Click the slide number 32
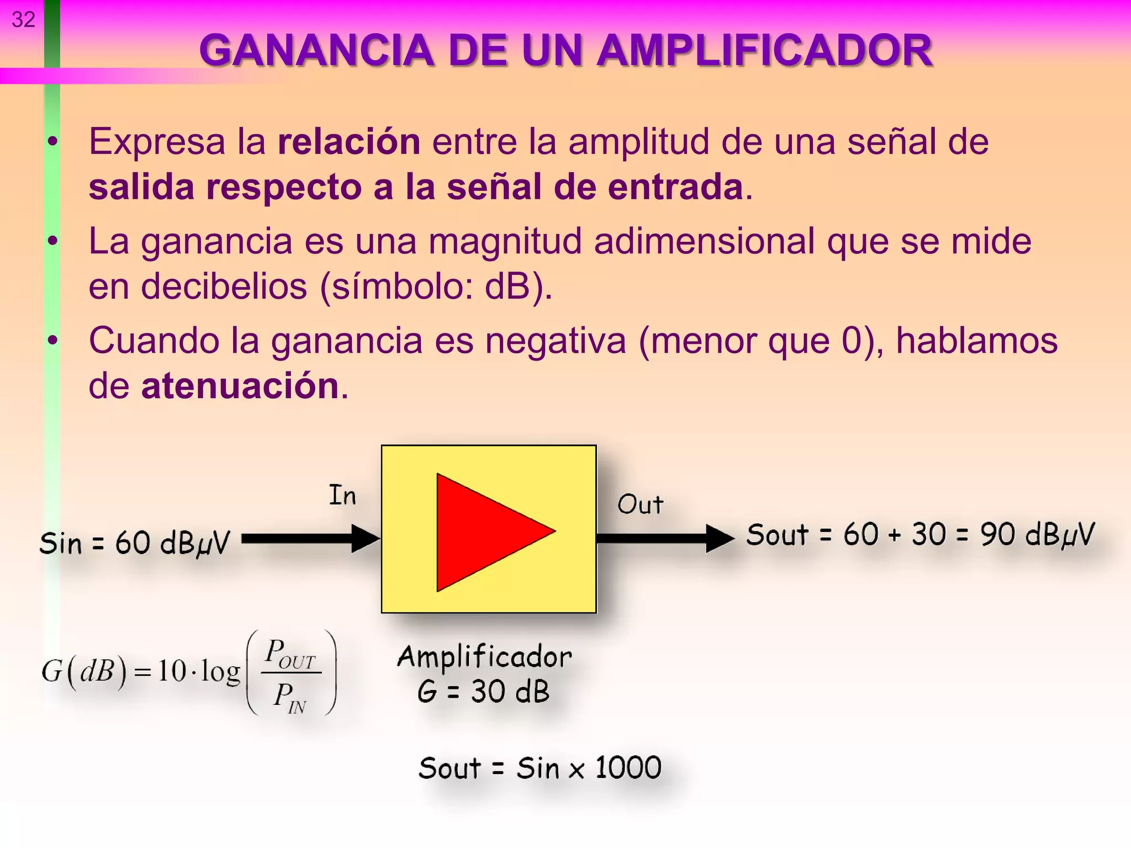pyautogui.click(x=23, y=20)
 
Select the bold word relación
pyautogui.click(x=348, y=141)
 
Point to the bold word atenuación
pyautogui.click(x=240, y=385)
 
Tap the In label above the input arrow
pyautogui.click(x=342, y=495)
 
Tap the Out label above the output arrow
pyautogui.click(x=640, y=504)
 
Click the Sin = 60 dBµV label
pyautogui.click(x=134, y=543)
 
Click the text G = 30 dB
pyautogui.click(x=484, y=691)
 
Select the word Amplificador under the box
pyautogui.click(x=484, y=657)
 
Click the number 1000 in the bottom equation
pyautogui.click(x=628, y=767)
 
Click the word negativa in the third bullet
pyautogui.click(x=555, y=341)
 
